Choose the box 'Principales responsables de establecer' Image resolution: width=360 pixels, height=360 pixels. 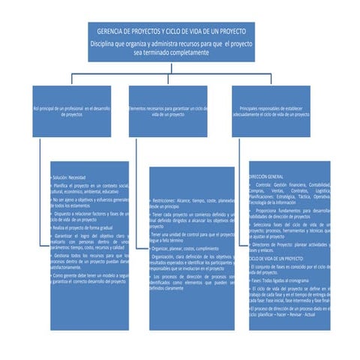click(x=270, y=112)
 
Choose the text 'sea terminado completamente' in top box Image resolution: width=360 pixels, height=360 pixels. click(x=171, y=54)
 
